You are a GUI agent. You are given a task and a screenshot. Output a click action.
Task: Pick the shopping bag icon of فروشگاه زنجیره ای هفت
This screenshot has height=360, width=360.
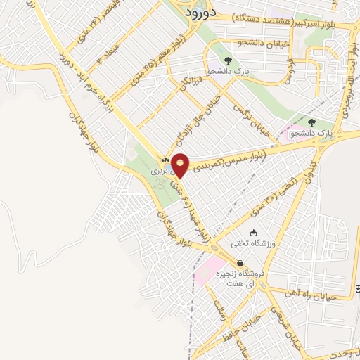240,263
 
